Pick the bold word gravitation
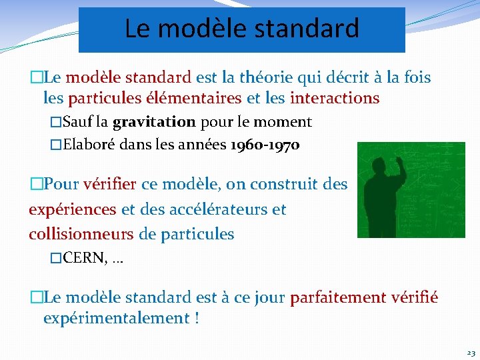click(154, 122)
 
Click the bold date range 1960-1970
click(264, 145)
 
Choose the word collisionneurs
click(81, 234)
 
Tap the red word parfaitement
click(337, 297)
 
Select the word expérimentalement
click(117, 318)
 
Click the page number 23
click(471, 353)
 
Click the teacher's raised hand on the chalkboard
click(399, 159)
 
